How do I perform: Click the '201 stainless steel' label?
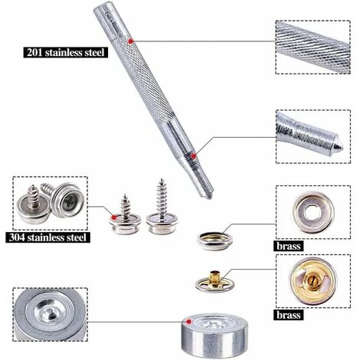[66, 53]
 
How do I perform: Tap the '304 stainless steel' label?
[47, 237]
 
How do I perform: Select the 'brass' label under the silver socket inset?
[288, 246]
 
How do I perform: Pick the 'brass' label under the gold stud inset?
[288, 315]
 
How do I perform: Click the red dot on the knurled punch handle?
[130, 41]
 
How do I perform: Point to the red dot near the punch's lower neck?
[194, 156]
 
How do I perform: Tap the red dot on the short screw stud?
[114, 218]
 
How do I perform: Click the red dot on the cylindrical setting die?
[188, 322]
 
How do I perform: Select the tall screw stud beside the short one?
[162, 208]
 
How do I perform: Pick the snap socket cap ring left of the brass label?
[215, 241]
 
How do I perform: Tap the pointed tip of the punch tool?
[209, 197]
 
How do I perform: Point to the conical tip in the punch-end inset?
[338, 146]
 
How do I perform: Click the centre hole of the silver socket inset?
[313, 212]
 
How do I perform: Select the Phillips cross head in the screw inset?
[68, 201]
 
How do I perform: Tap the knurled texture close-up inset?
[313, 47]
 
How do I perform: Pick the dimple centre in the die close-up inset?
[48, 313]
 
